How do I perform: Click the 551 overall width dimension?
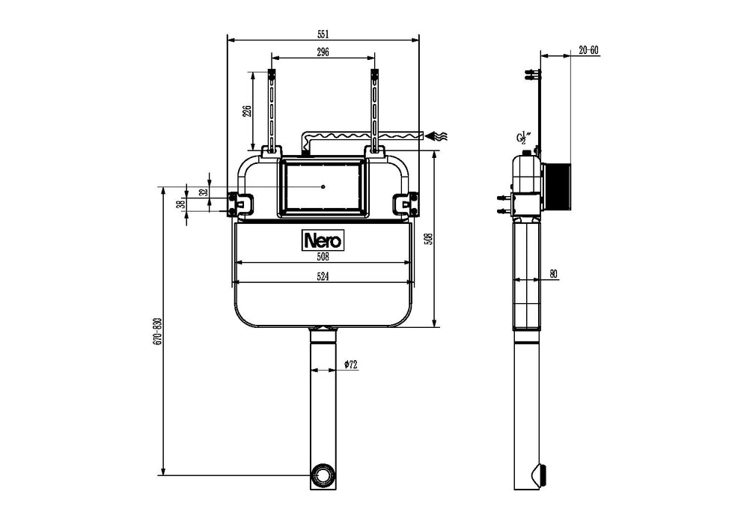point(323,34)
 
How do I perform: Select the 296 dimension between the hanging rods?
point(323,52)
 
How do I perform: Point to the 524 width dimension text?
point(323,275)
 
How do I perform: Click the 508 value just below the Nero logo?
point(323,256)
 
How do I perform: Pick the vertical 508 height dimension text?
point(428,238)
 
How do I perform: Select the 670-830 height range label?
point(157,331)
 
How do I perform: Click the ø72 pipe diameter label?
point(350,365)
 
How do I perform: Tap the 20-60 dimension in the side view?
point(588,50)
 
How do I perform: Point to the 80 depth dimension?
point(553,274)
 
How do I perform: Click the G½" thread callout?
point(524,137)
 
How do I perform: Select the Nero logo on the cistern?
point(323,240)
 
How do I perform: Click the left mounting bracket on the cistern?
point(241,202)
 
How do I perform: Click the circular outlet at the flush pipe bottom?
point(323,475)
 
